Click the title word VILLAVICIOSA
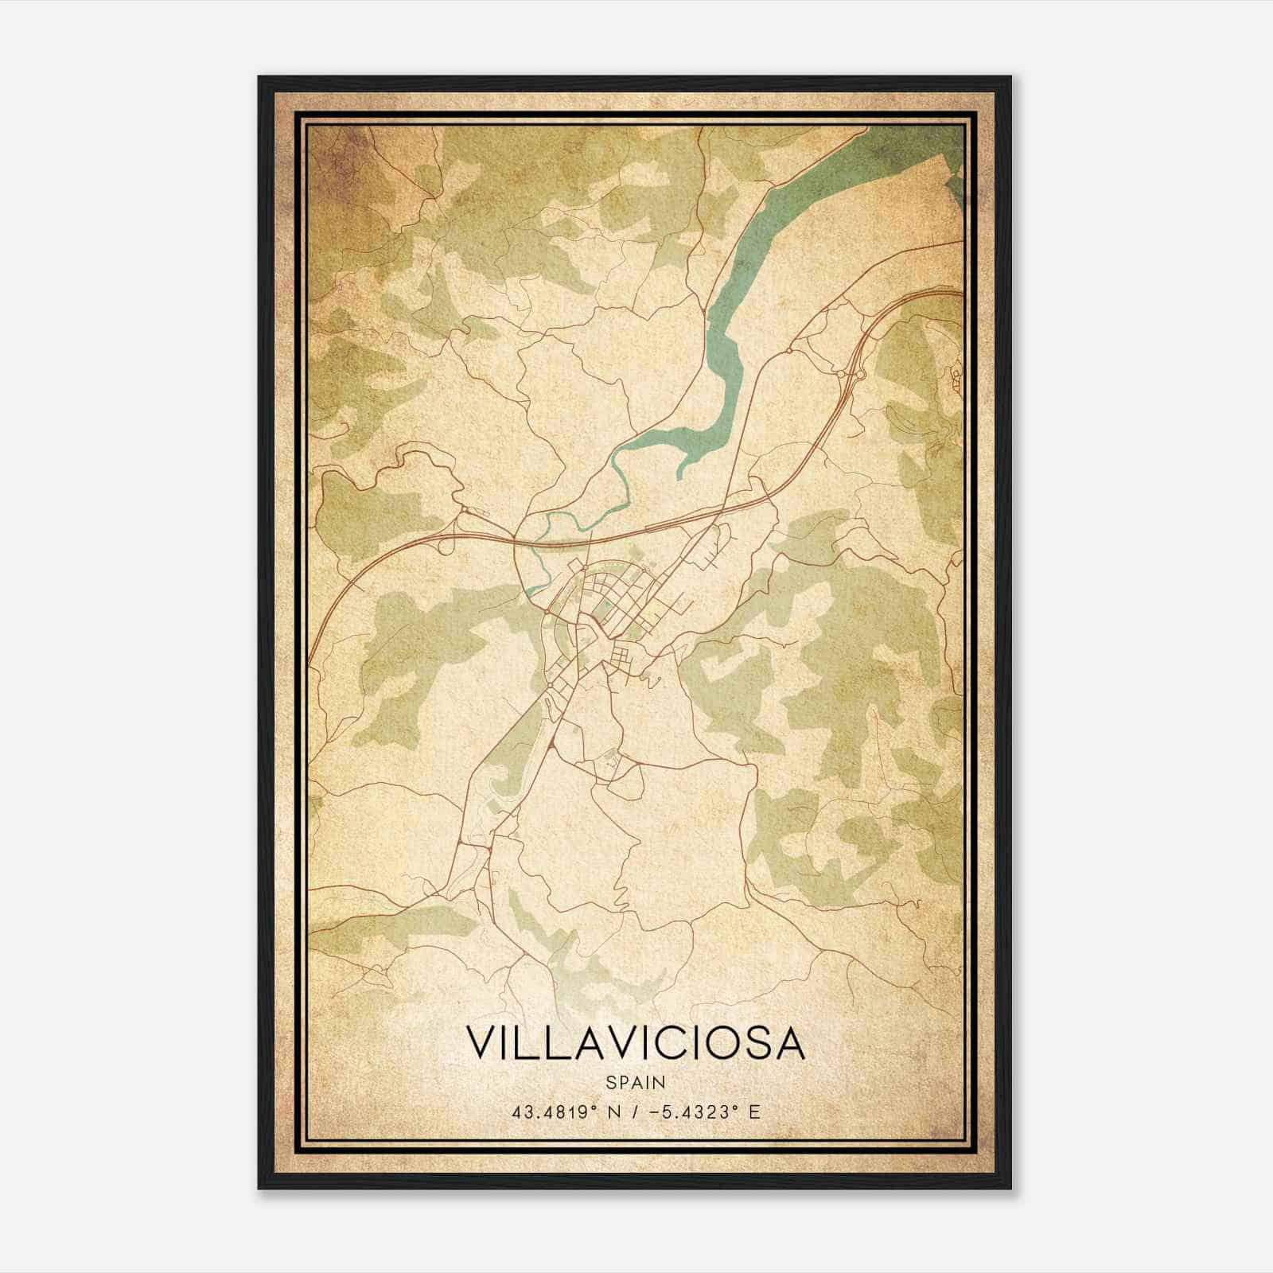[x=635, y=1043]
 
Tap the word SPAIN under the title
[x=635, y=1083]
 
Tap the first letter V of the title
[x=478, y=1043]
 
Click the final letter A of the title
[x=790, y=1043]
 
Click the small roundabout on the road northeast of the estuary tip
[x=788, y=349]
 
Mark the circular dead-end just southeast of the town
[x=657, y=679]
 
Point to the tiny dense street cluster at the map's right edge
[x=953, y=379]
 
